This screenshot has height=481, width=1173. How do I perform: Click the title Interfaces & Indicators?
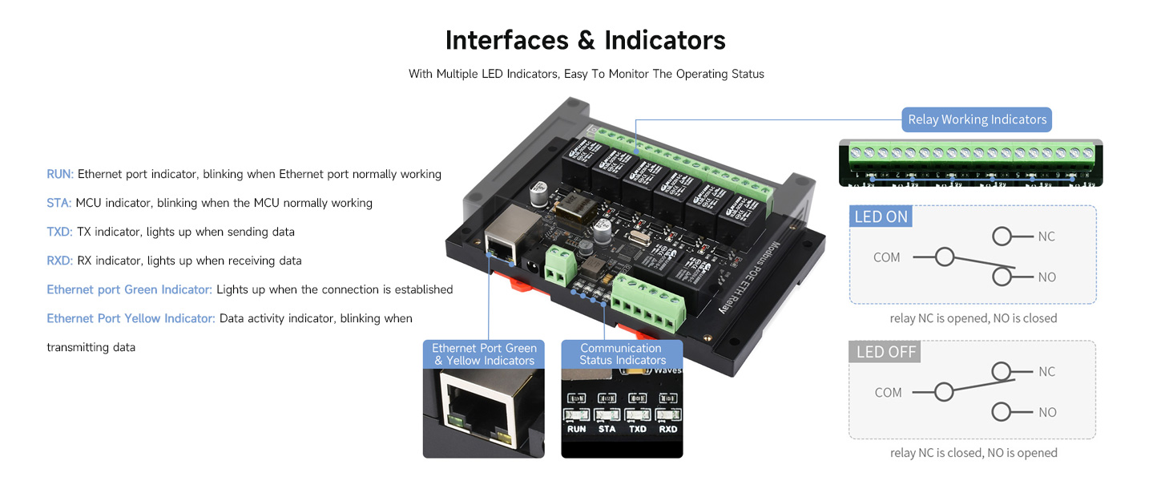click(x=585, y=40)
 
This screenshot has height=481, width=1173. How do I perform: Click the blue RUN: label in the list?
click(x=60, y=174)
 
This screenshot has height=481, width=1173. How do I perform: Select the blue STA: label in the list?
click(x=58, y=203)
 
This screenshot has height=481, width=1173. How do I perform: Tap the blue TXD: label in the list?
click(x=60, y=232)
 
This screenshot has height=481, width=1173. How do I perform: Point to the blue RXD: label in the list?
click(x=60, y=261)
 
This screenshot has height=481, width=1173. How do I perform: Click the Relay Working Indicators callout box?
click(x=977, y=119)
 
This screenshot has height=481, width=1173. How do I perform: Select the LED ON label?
click(x=881, y=217)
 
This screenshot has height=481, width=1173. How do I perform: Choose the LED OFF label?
click(x=885, y=352)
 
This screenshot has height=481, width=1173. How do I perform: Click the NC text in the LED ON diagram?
click(x=1046, y=236)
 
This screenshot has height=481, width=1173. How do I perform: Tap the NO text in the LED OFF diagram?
click(x=1047, y=412)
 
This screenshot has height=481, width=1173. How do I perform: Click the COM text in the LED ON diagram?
click(x=887, y=257)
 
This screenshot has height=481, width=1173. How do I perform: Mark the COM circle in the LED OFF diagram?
click(x=945, y=392)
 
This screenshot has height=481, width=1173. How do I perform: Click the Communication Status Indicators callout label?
click(x=622, y=354)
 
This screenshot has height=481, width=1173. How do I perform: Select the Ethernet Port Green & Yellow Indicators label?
click(x=484, y=354)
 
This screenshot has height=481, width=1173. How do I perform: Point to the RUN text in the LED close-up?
click(x=576, y=429)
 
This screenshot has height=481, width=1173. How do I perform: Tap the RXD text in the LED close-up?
click(x=667, y=429)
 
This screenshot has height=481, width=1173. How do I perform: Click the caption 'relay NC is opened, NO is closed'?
click(x=973, y=318)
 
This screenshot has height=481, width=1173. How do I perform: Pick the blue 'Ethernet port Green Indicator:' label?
click(x=129, y=289)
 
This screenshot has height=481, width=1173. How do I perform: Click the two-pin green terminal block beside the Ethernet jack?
click(x=562, y=263)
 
